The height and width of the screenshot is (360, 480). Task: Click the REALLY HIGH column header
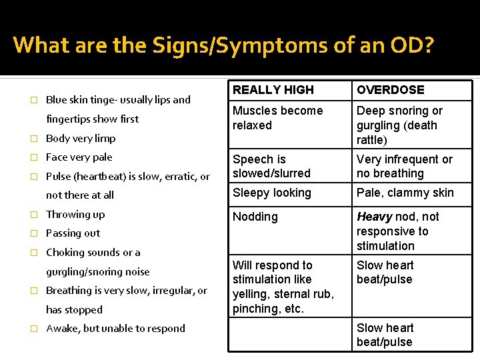273,90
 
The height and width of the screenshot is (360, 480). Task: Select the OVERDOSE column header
390,90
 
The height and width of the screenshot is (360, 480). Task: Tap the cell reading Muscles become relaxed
277,118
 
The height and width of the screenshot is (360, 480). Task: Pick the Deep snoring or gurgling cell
399,125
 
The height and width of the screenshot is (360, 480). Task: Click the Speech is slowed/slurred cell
271,167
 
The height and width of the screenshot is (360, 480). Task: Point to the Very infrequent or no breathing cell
404,167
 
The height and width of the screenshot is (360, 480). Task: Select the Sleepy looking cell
271,193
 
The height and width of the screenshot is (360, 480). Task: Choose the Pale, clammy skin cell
405,193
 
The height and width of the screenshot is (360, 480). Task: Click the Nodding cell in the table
255,217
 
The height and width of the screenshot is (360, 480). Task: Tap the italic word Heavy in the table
374,217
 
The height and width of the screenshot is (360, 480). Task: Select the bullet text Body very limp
81,139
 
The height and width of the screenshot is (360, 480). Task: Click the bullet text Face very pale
79,157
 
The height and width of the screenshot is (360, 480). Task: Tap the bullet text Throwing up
75,215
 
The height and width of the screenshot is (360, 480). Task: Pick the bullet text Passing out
73,233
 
